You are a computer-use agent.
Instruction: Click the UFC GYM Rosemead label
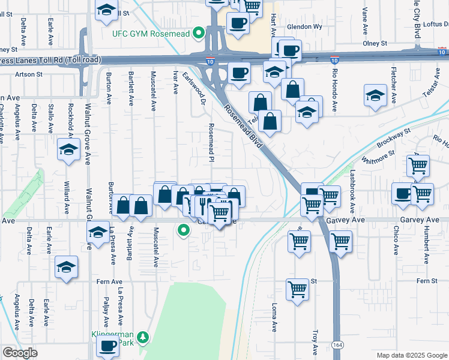(151, 33)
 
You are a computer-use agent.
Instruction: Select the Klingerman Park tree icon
(143, 337)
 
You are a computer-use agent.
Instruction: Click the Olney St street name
(375, 44)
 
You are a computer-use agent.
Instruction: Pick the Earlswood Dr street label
(194, 88)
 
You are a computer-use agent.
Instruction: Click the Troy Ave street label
(315, 341)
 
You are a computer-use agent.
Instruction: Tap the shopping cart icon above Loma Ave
(297, 290)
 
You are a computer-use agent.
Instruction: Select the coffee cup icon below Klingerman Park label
(108, 346)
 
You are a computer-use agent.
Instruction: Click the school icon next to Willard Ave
(68, 149)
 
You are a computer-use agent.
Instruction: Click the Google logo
(20, 353)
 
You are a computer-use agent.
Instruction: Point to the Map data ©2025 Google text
(412, 355)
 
